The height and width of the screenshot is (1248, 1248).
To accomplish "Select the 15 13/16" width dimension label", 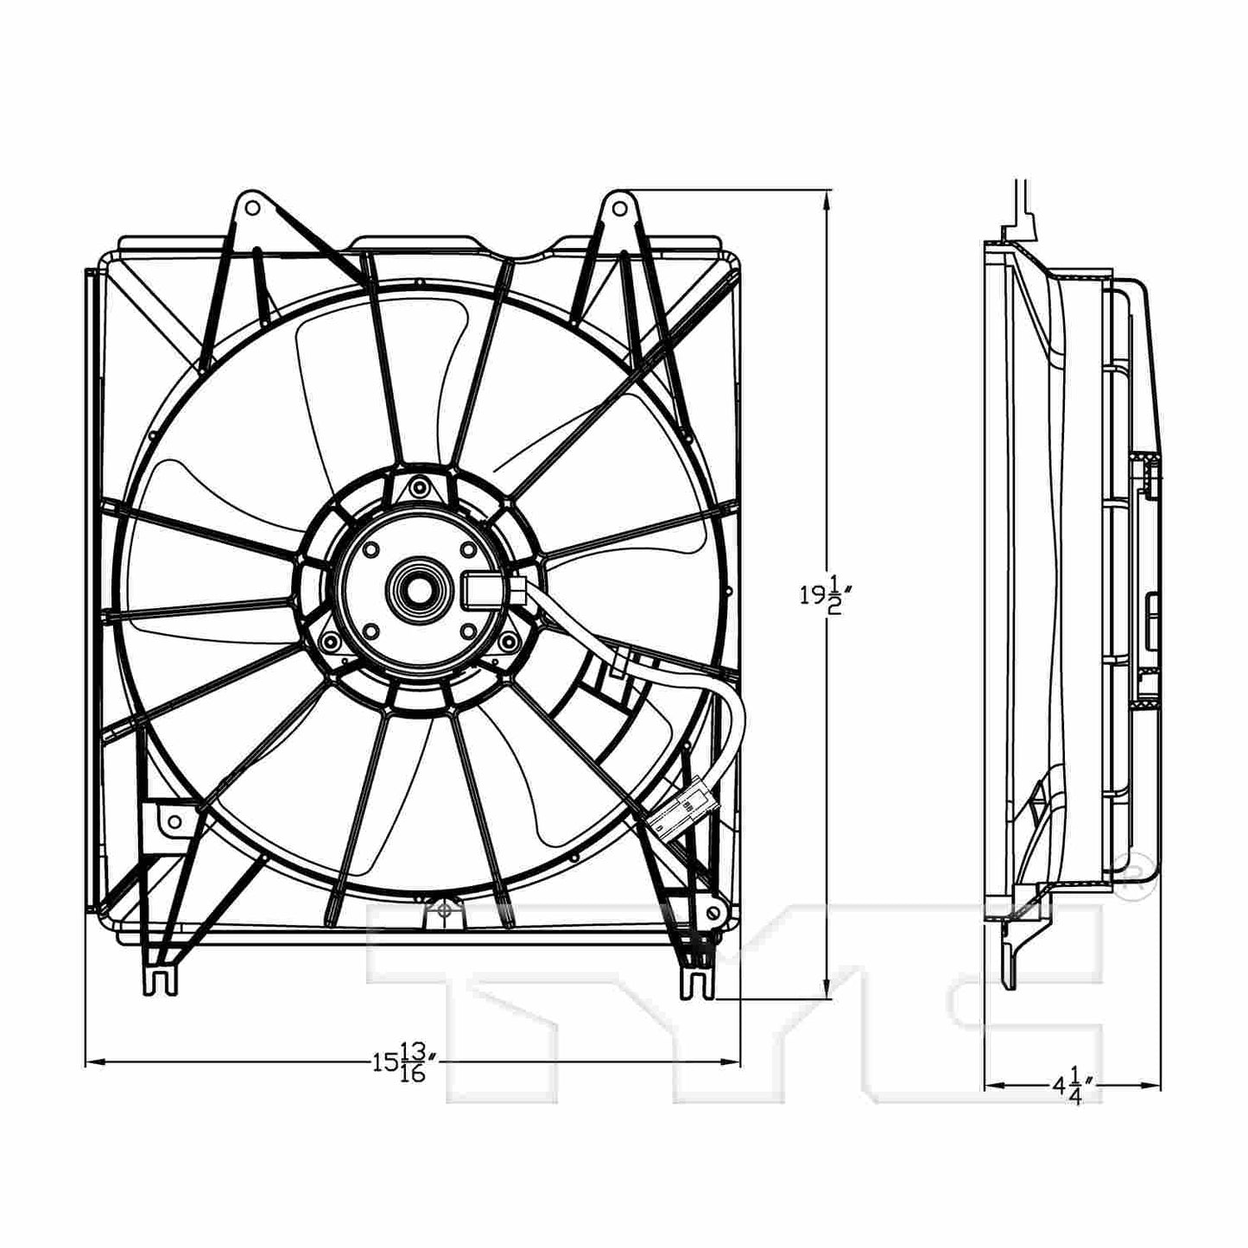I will click(x=406, y=1061).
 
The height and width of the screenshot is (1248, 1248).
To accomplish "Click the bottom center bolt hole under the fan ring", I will click(x=442, y=909).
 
